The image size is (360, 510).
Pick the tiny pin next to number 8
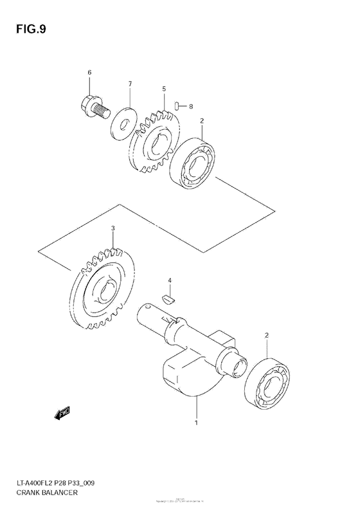pos(179,106)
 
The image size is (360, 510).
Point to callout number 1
pos(197,424)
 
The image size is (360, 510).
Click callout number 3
pos(113,228)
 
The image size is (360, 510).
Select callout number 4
pos(170,281)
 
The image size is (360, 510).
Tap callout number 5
pos(164,89)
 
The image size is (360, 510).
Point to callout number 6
pos(90,73)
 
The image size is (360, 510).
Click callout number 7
pos(129,84)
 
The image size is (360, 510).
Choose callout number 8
pos(190,107)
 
